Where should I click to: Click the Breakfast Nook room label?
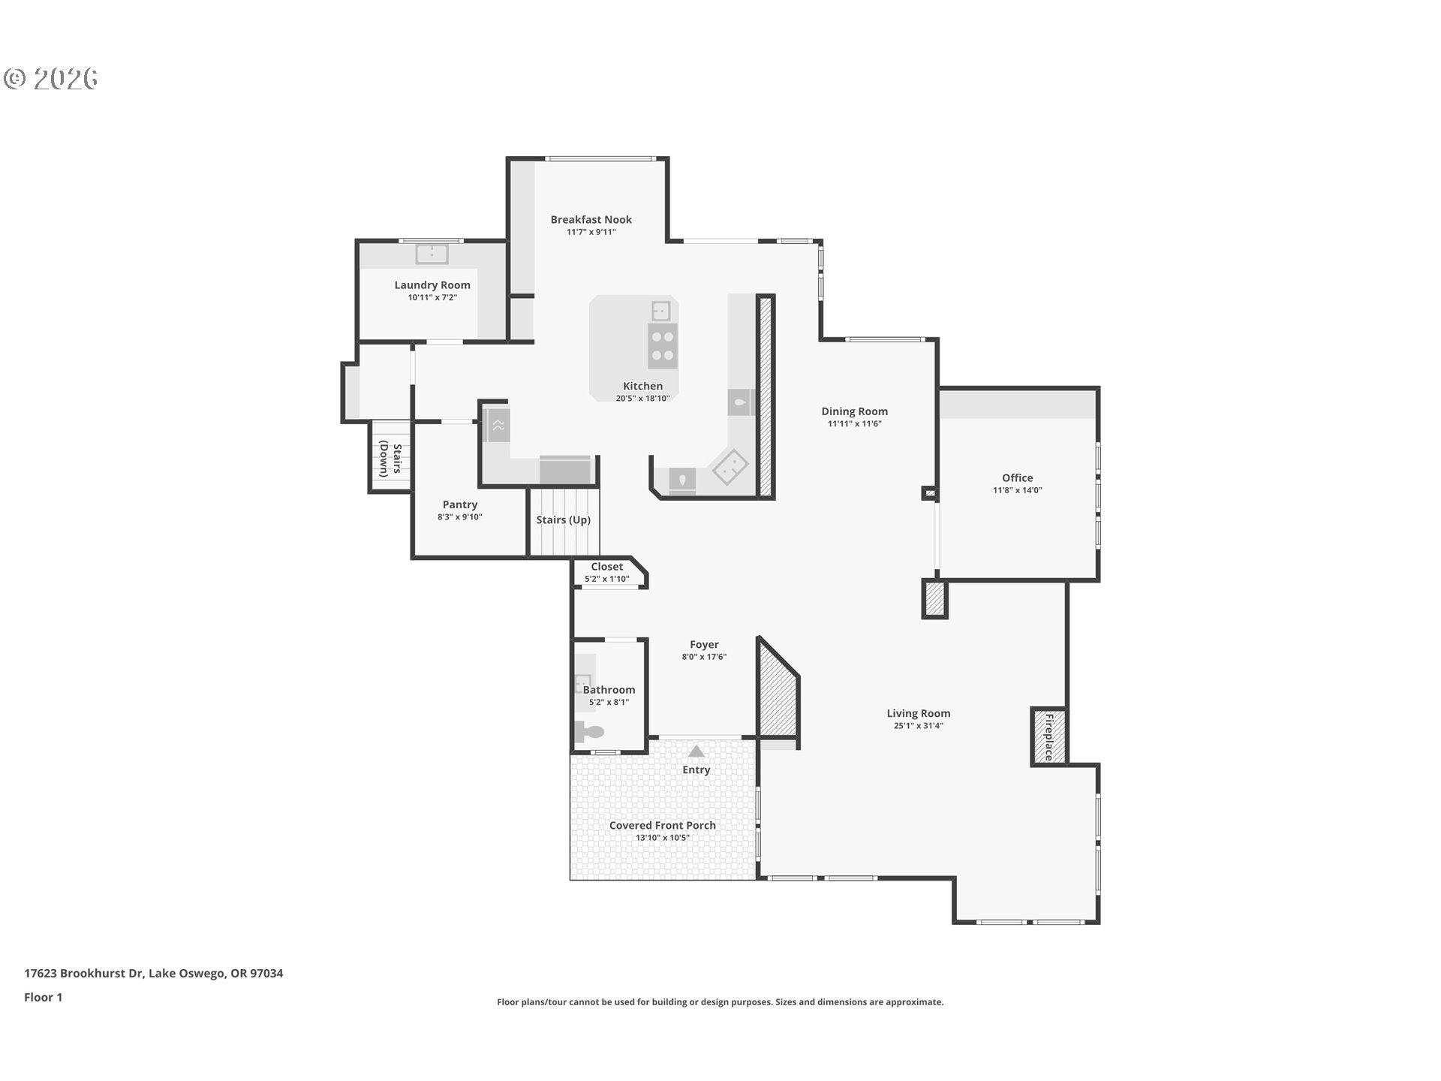(x=591, y=219)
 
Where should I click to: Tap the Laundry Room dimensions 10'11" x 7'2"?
(x=432, y=298)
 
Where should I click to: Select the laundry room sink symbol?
(x=432, y=254)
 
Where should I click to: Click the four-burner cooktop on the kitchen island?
(x=662, y=346)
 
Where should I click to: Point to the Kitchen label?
(x=642, y=386)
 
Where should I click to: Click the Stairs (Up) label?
(x=563, y=519)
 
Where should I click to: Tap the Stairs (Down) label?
(x=390, y=459)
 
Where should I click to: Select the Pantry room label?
(x=459, y=504)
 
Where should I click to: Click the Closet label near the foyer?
(x=606, y=567)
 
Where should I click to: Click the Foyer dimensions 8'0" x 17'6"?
(x=704, y=657)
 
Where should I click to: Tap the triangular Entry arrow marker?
(x=696, y=751)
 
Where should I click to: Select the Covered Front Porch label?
(x=662, y=825)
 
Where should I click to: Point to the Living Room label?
(x=918, y=713)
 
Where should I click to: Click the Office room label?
(x=1017, y=477)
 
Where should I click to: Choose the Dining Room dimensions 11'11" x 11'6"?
(x=854, y=424)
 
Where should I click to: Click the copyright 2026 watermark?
(x=51, y=78)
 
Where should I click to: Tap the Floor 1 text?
(x=43, y=997)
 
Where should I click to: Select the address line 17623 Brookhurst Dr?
(x=153, y=973)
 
